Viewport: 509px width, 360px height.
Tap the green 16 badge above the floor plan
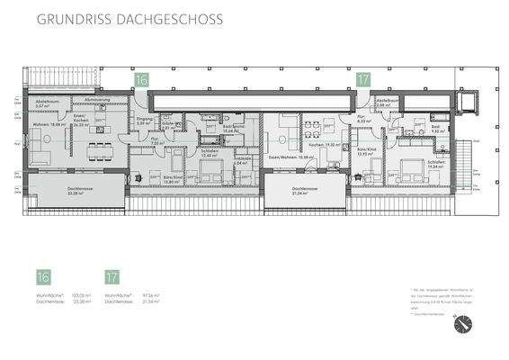click(141, 80)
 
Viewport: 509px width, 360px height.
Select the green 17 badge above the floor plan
click(363, 80)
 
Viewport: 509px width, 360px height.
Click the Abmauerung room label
click(98, 99)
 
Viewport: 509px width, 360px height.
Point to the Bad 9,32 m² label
click(436, 129)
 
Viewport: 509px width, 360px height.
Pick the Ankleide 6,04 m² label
click(244, 162)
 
